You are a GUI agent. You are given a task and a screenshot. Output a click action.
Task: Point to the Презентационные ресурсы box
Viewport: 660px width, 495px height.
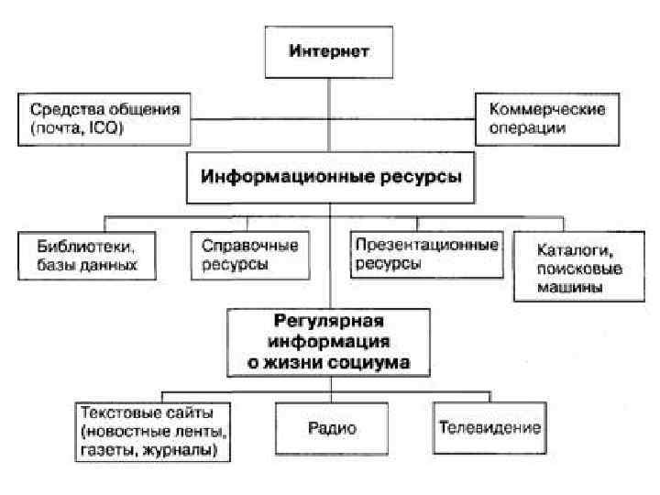426,253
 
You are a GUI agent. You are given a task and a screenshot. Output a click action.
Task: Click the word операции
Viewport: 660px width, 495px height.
527,128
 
